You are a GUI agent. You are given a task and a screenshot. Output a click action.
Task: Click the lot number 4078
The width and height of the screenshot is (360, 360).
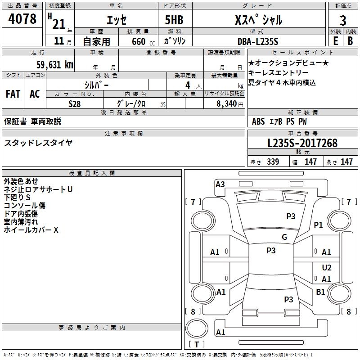click(x=22, y=19)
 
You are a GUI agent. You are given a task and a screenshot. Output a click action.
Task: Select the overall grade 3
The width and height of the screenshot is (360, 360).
click(x=343, y=20)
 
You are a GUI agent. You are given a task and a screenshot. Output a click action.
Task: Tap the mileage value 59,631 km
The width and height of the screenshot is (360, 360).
click(x=55, y=65)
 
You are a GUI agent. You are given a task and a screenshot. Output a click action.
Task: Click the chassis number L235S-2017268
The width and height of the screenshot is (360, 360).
click(x=302, y=143)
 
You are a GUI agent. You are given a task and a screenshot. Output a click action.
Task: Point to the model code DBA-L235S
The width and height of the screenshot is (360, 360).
click(x=258, y=41)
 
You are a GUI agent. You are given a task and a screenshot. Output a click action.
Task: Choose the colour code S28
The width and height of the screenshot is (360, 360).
click(x=75, y=104)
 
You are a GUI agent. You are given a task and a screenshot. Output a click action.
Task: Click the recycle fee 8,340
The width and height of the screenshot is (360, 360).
click(x=227, y=103)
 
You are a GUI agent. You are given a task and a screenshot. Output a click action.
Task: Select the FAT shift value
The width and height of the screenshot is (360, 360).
click(x=13, y=94)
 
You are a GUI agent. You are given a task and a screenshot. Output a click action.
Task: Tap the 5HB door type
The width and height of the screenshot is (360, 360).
click(x=174, y=20)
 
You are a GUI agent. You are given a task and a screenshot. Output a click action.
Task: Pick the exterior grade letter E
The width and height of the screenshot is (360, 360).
click(x=335, y=41)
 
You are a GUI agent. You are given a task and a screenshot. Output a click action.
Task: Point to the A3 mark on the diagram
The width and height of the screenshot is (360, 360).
click(x=220, y=184)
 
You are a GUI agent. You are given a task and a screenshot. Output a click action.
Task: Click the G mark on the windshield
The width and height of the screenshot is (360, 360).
click(x=284, y=237)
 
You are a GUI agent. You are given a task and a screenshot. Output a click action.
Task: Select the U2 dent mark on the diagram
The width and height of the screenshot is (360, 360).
click(x=327, y=267)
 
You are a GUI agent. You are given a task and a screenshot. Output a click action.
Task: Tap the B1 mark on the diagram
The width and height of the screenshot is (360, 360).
click(x=320, y=292)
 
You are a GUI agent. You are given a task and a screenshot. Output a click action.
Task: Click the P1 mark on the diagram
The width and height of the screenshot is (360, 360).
click(x=318, y=225)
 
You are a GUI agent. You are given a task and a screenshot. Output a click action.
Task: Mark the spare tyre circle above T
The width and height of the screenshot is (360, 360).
click(x=197, y=328)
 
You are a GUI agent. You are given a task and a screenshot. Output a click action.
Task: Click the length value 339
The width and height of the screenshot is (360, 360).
click(x=273, y=162)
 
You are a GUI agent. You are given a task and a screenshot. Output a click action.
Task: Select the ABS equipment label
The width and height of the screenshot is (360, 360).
click(x=258, y=121)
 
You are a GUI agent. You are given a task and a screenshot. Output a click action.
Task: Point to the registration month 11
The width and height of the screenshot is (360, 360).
click(x=59, y=41)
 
